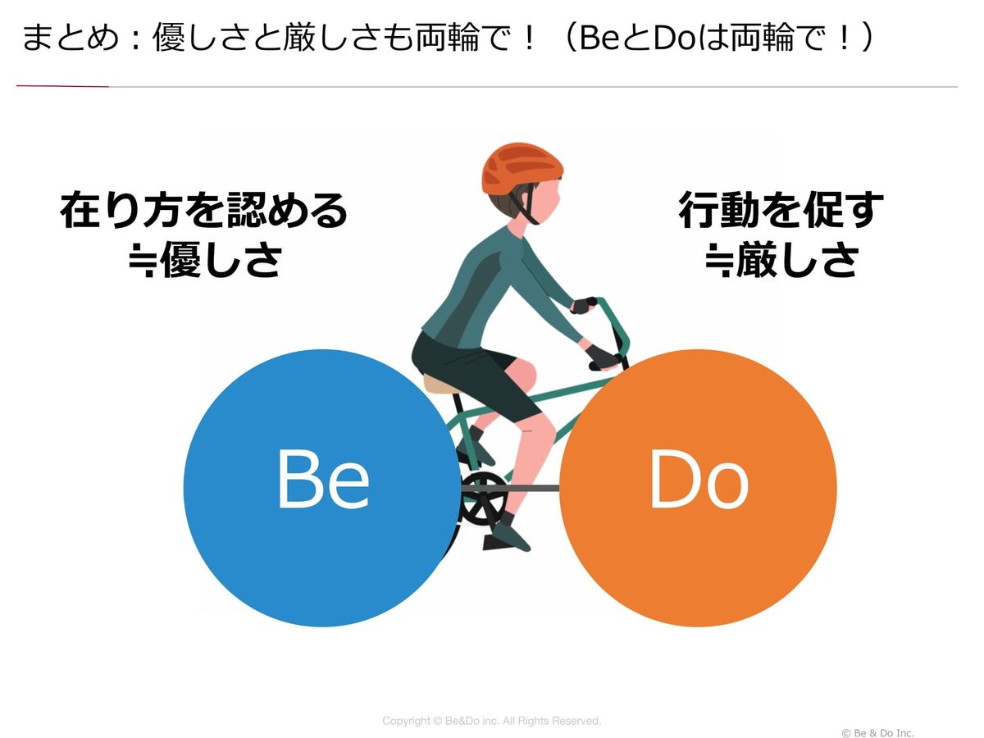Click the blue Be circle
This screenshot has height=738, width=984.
click(322, 488)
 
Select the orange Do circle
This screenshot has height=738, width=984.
click(698, 488)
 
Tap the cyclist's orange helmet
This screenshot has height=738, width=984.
click(522, 169)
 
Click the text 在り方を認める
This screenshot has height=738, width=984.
click(204, 211)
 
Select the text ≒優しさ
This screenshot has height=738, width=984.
click(206, 260)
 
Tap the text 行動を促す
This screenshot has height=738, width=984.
click(781, 210)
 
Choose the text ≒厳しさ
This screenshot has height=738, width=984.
click(782, 260)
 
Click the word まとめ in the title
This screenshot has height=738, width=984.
click(71, 38)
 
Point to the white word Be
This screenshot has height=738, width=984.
click(323, 480)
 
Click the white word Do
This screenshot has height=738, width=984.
click(699, 480)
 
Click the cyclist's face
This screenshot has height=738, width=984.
click(547, 203)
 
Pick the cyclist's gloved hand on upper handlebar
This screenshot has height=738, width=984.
click(584, 305)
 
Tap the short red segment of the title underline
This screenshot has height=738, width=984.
click(62, 86)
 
